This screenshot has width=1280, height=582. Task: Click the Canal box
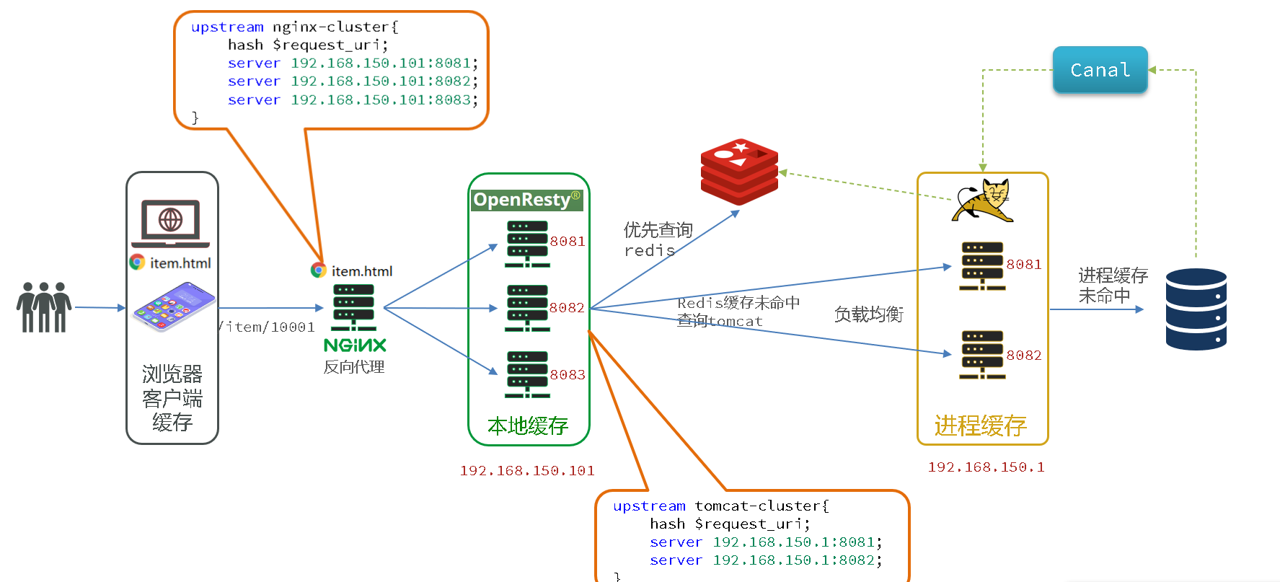click(x=1100, y=70)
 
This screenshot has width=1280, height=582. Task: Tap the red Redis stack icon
click(x=739, y=172)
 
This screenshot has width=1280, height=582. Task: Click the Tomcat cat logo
click(x=982, y=201)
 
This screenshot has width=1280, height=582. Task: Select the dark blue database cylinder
click(x=1196, y=309)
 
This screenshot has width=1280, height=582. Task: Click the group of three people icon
click(x=44, y=307)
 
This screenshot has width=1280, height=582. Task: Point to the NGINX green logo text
click(x=355, y=345)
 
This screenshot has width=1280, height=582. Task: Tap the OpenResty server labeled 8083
click(x=527, y=374)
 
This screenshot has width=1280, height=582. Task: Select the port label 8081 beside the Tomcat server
click(x=1024, y=265)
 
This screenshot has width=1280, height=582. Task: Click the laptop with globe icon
click(x=171, y=223)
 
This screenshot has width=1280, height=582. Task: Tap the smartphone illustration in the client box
click(x=174, y=307)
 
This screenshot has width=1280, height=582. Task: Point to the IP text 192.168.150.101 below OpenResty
click(x=527, y=471)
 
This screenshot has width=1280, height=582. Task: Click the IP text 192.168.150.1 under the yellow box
click(x=986, y=467)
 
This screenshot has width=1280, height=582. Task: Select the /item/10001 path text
click(x=268, y=327)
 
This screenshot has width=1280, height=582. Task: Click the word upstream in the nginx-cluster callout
click(x=227, y=27)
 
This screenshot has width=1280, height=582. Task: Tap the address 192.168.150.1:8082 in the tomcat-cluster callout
click(x=793, y=560)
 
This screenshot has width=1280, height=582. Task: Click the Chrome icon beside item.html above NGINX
click(x=319, y=270)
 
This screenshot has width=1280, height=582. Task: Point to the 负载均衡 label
click(x=868, y=314)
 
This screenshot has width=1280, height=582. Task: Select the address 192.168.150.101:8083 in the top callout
click(x=381, y=100)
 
